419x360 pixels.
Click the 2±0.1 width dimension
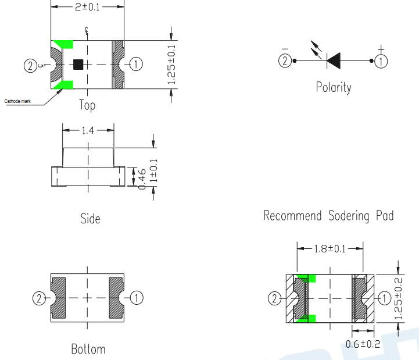click(87, 6)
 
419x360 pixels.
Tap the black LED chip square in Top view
click(78, 65)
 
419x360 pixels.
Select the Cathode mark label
click(17, 101)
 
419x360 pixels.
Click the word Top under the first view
click(87, 105)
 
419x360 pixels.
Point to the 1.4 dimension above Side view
click(88, 130)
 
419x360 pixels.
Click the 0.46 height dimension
click(142, 179)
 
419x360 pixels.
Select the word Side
click(90, 219)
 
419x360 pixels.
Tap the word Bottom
click(88, 349)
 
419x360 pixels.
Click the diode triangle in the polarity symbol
click(334, 60)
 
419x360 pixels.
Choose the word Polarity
click(334, 87)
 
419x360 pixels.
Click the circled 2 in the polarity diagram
click(285, 60)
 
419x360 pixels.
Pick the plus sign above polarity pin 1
click(381, 49)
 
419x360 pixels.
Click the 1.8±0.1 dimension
click(330, 249)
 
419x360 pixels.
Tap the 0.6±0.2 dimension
click(363, 344)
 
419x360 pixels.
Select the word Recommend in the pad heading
click(292, 216)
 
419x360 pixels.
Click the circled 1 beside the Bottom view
click(137, 298)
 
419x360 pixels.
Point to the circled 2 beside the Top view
click(30, 66)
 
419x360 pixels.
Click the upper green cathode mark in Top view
click(64, 44)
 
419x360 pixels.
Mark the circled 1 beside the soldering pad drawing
click(384, 298)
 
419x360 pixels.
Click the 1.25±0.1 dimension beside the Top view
click(171, 65)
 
